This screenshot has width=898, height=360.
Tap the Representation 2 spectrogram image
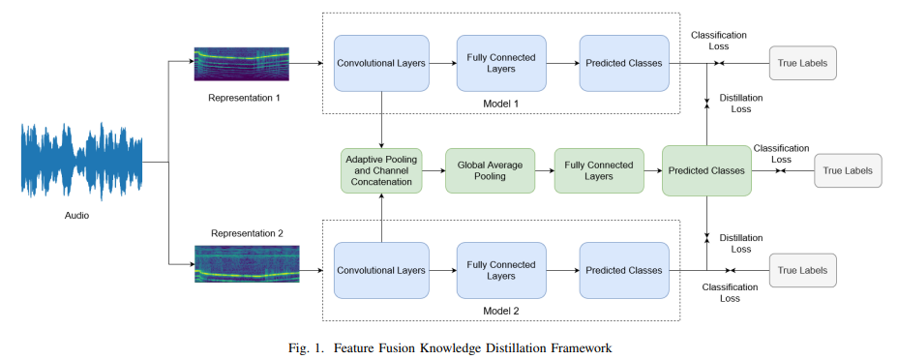coord(246,263)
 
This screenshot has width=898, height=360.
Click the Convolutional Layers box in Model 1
coord(381,64)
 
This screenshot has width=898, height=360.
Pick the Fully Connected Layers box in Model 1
coord(501,64)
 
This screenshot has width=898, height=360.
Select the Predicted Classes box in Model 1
coord(624,64)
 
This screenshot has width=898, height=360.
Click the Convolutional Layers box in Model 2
coord(381,270)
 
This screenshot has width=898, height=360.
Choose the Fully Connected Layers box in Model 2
coord(501,270)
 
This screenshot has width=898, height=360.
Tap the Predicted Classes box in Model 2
coord(624,270)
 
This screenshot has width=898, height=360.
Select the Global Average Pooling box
coord(490,170)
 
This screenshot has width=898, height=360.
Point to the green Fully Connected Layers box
coord(599,170)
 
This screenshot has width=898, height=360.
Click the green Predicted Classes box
coord(706,170)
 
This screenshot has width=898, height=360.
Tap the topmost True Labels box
coord(802,64)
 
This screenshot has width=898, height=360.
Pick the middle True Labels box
coord(848,170)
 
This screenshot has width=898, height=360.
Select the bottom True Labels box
coord(802,271)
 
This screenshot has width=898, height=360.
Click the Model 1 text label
coord(501,103)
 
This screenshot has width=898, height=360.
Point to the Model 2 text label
coord(501,309)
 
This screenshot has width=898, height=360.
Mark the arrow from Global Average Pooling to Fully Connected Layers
coord(544,170)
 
